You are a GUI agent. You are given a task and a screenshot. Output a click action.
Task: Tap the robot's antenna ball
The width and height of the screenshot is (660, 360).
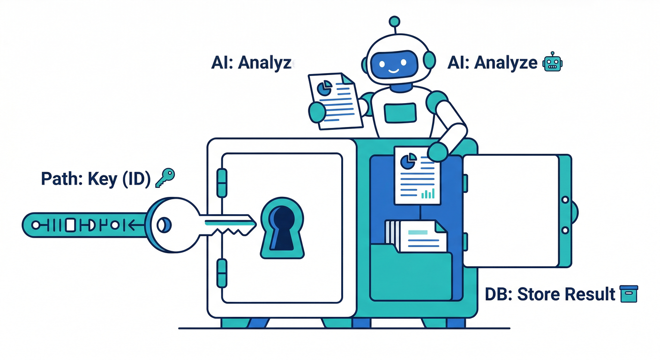(395, 22)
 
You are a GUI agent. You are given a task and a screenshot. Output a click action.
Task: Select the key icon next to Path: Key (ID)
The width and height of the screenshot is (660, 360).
(165, 179)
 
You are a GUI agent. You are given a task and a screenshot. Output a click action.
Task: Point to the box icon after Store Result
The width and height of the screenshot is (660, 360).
(628, 294)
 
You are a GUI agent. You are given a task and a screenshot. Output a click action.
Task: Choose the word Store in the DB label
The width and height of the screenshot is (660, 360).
(538, 294)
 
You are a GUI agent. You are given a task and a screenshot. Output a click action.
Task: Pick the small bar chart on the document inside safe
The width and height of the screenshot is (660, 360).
(427, 193)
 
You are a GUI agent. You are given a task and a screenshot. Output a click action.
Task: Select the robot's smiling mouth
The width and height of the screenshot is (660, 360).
(393, 71)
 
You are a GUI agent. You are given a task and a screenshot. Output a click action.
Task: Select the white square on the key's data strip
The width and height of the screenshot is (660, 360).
(70, 225)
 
